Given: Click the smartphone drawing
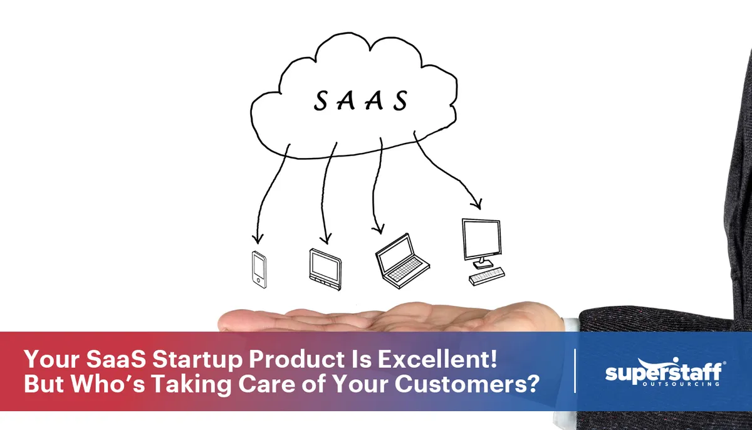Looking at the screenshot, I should pos(259,270).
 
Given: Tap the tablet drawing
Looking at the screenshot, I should pos(325,268).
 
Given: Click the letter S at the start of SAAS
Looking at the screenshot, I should pos(321,101).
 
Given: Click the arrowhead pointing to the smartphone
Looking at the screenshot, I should pos(256,239).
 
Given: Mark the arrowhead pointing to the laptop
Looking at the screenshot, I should pos(377,230).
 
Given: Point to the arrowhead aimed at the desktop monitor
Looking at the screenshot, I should pos(478,205).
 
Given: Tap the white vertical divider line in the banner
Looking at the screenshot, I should pos(575,371).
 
